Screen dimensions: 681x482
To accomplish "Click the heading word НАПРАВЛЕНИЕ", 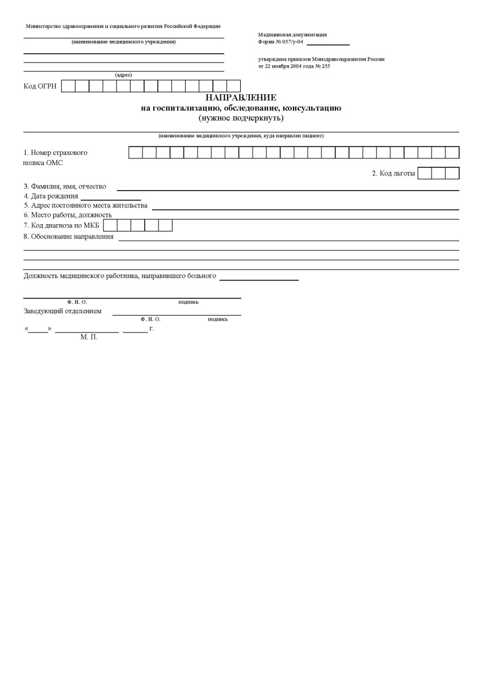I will click(x=241, y=98).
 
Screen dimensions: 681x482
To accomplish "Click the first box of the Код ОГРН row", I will click(x=68, y=86).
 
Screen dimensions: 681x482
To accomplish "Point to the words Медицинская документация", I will click(x=292, y=35).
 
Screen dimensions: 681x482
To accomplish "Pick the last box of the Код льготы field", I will click(x=452, y=173).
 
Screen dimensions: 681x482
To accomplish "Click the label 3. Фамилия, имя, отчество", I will click(x=65, y=186).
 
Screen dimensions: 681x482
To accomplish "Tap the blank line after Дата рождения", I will click(x=111, y=196).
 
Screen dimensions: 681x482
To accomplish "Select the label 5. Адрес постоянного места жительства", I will click(x=85, y=205).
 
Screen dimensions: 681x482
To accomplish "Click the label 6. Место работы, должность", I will click(x=68, y=215).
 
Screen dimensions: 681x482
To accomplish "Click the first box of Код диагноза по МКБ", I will click(x=110, y=225).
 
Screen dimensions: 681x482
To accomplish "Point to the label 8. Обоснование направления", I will click(x=68, y=237).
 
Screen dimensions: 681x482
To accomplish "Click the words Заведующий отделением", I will click(x=62, y=311).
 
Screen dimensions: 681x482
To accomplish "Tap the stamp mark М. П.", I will click(x=89, y=337).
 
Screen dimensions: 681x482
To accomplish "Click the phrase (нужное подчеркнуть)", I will click(x=241, y=118).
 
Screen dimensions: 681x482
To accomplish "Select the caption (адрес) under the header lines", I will click(x=123, y=75).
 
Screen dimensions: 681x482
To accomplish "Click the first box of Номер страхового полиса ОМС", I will click(x=136, y=152).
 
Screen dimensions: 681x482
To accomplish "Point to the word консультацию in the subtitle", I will click(x=311, y=108).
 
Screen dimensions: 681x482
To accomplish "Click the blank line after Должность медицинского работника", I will click(x=259, y=277).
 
